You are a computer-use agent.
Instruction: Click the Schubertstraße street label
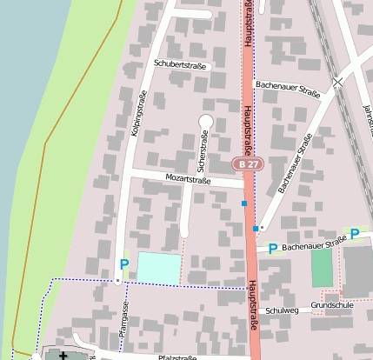coord(182,64)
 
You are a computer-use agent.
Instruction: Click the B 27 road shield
coord(247,163)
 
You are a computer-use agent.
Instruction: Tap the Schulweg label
coord(283,310)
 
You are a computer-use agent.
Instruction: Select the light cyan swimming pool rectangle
coord(160,268)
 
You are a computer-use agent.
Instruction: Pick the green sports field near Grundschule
coord(322,268)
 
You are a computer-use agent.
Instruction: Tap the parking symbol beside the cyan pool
coord(123,264)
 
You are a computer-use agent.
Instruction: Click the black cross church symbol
coord(63,356)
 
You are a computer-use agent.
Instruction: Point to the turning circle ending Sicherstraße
coord(206,121)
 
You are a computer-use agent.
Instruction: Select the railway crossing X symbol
coord(337,82)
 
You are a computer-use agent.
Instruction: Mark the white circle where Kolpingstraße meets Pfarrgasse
coord(117,282)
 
